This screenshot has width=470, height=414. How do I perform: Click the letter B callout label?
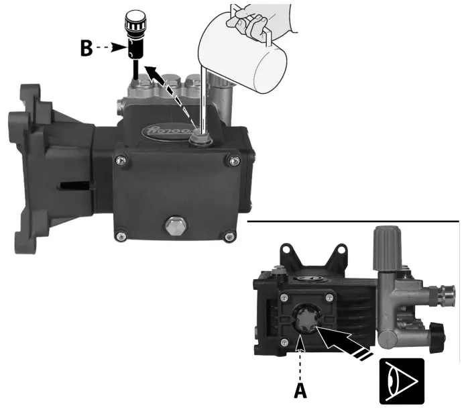(86, 49)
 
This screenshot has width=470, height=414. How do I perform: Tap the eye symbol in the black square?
(402, 380)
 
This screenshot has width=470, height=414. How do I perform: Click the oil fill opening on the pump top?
(198, 138)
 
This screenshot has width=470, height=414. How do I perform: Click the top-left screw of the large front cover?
(121, 160)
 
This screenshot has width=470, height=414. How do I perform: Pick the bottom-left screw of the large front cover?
(121, 235)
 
